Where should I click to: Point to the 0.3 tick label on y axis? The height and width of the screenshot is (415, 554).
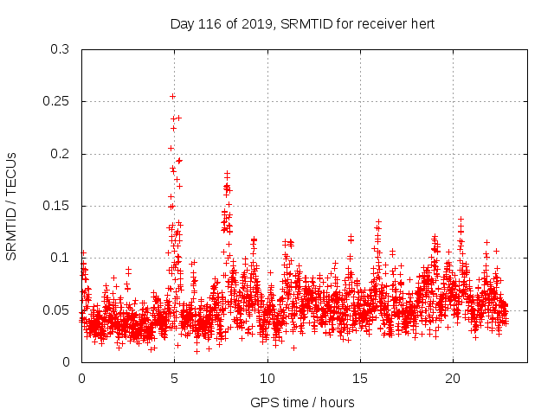coord(61,49)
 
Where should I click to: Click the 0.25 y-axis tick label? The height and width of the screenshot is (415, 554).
coord(57,102)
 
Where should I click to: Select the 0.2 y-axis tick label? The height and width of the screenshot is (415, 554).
coord(61,154)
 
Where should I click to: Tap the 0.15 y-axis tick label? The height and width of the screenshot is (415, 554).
coord(57,206)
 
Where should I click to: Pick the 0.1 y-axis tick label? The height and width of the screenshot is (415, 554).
coord(61,258)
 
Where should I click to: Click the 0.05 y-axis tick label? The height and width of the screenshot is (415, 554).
coord(57,310)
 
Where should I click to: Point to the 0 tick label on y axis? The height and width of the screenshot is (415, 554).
coord(68,362)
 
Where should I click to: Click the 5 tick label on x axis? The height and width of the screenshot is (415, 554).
coord(175,379)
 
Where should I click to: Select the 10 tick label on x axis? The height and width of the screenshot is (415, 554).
coord(267,379)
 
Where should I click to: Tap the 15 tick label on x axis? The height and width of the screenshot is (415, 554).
coord(360,379)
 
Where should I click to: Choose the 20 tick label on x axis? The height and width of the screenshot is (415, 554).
coord(453,379)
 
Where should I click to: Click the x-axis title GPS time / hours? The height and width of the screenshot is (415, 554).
coord(301,402)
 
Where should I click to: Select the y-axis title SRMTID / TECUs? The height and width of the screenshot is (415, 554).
coord(12,206)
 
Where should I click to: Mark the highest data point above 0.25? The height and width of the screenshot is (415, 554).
coord(172,96)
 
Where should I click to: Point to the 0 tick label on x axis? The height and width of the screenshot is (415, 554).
coord(82,379)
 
